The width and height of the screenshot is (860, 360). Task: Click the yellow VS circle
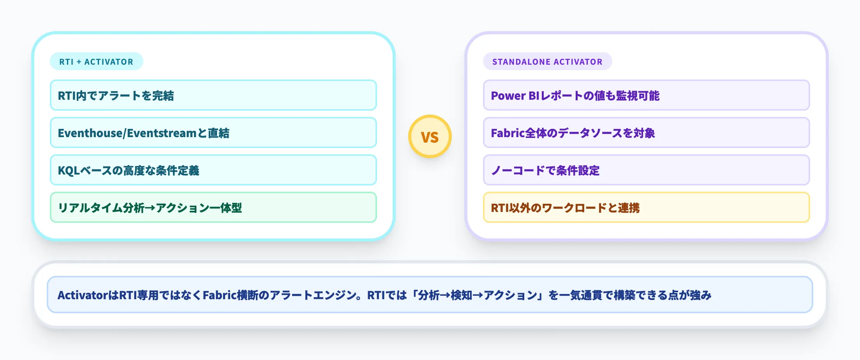tap(430, 136)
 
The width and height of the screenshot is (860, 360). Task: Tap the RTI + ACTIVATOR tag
tap(96, 62)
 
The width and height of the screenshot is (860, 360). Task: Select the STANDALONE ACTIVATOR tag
tap(547, 62)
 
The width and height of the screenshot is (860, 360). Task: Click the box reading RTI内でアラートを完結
tap(213, 95)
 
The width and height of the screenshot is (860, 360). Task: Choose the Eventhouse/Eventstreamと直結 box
tap(213, 133)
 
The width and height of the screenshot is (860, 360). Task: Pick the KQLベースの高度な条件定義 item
tap(213, 170)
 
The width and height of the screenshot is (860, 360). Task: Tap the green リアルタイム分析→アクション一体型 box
tap(213, 208)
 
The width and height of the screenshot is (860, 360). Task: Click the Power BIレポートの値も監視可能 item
tap(646, 95)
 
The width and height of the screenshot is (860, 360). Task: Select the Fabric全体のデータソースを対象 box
tap(646, 133)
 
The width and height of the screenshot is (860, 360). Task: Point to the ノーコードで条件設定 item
tap(646, 170)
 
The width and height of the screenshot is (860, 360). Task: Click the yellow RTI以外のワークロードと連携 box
tap(646, 208)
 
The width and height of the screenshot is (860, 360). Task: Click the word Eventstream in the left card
tap(162, 133)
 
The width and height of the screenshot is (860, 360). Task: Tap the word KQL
tap(69, 171)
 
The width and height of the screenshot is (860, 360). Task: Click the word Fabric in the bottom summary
tap(220, 295)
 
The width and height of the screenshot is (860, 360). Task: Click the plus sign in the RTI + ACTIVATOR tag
tap(79, 62)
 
